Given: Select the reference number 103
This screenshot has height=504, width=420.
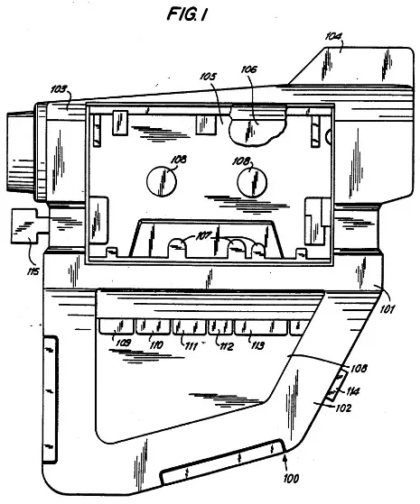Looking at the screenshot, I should [x=59, y=90].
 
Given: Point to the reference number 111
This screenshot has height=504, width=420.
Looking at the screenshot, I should [x=190, y=344].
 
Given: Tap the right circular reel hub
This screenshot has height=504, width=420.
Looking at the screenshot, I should [x=254, y=183].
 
